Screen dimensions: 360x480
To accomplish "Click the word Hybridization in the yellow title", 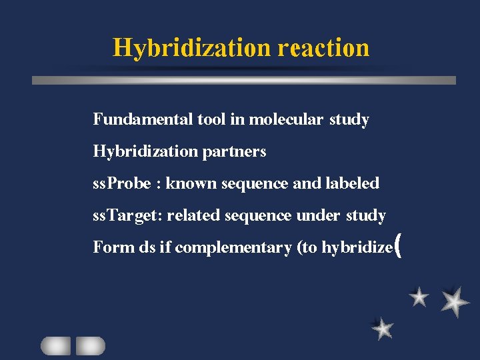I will point(191,48).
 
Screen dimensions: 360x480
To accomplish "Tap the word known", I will point(190,183).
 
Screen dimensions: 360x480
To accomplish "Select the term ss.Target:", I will point(128,215).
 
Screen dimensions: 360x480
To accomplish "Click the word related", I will point(194,215).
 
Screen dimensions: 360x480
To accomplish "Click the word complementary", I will point(233,248).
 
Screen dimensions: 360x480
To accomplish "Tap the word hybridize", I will point(357,248).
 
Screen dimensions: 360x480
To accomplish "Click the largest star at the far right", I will point(455,302).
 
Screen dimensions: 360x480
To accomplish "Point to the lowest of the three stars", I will point(383,328).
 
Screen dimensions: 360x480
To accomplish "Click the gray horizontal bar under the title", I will point(244,80).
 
